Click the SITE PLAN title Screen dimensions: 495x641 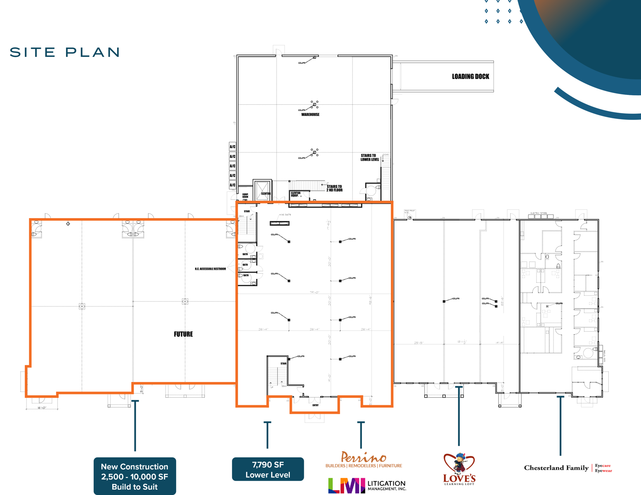click(x=65, y=52)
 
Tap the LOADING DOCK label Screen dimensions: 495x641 click(x=470, y=76)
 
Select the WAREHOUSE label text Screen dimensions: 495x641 click(x=310, y=115)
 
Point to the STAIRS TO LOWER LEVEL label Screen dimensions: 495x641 click(x=369, y=158)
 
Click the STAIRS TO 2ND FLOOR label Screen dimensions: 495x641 click(x=334, y=189)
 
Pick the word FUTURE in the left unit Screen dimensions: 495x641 click(x=183, y=334)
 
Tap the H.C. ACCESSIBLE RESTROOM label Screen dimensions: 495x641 click(x=210, y=269)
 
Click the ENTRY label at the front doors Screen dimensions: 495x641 click(x=315, y=405)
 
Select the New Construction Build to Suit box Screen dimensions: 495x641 click(x=135, y=476)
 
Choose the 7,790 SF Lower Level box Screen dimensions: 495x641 click(x=268, y=469)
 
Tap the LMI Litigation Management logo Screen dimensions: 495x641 click(x=367, y=486)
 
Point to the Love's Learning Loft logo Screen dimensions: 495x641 click(x=459, y=469)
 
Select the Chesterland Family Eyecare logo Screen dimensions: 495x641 click(x=568, y=468)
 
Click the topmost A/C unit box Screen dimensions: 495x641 click(x=232, y=147)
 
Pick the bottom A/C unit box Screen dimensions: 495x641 click(x=232, y=185)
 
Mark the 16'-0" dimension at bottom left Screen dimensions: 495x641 click(x=42, y=408)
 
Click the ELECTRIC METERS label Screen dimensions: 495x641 click(x=538, y=213)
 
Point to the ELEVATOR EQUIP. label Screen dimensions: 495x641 click(x=296, y=194)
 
